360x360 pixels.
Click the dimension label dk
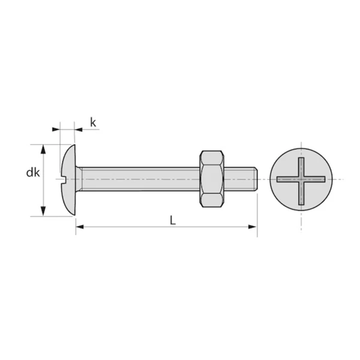[33, 173]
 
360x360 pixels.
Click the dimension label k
[93, 122]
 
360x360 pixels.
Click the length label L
[173, 220]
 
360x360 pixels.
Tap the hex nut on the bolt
[212, 179]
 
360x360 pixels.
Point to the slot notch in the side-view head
[64, 179]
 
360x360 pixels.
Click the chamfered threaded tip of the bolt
[256, 179]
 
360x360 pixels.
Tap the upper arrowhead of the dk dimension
[43, 149]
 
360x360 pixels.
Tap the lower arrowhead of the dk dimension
[43, 211]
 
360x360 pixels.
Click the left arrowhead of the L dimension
[80, 227]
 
